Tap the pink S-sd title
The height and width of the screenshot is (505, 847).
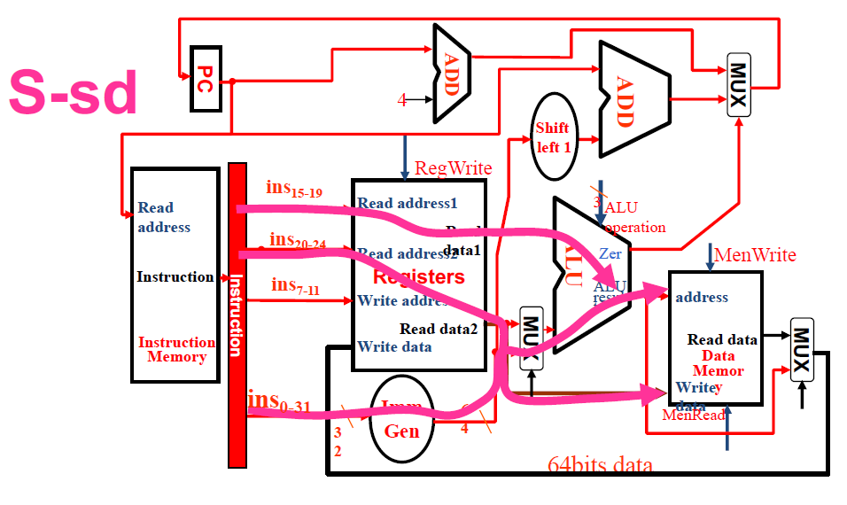74,93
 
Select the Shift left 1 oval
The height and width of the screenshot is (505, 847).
553,138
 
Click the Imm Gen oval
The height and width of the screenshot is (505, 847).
401,419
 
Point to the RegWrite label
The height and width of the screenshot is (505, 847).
453,167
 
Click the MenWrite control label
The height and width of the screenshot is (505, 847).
755,255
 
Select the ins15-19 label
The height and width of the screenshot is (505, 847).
294,190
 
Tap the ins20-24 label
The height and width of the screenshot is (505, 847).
298,242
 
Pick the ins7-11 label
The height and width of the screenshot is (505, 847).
296,285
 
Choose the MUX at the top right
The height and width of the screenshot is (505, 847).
738,85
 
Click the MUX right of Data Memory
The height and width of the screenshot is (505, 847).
801,349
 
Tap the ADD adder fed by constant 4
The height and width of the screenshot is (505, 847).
450,72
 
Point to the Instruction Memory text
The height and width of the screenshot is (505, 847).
176,349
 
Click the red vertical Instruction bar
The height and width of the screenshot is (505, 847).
237,315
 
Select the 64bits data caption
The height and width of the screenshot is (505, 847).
600,465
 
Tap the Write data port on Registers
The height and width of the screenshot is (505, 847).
394,346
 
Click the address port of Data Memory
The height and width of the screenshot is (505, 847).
702,297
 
